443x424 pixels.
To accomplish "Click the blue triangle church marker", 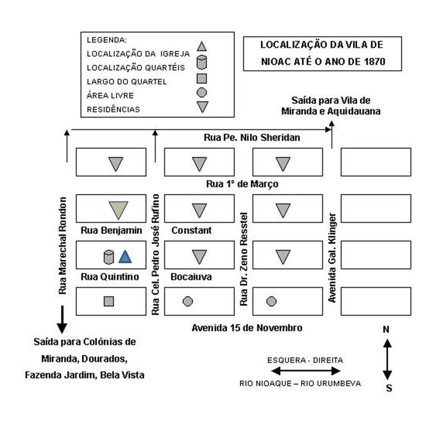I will (125, 256).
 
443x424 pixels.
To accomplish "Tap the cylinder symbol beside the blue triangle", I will (109, 257).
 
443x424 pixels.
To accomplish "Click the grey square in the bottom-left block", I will (109, 301).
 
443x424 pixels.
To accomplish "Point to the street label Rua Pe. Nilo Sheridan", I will (252, 138).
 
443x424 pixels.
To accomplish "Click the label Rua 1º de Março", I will (242, 184).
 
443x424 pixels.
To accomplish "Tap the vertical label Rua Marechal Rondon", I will (62, 246).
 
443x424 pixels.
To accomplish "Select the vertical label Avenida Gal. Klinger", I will (332, 257).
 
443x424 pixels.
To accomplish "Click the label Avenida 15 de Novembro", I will (247, 328).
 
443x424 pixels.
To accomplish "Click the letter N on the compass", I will (386, 329).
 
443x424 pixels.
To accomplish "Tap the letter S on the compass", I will (389, 388).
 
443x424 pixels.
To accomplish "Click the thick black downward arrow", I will (62, 319).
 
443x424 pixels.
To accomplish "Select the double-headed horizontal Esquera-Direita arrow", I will (306, 371).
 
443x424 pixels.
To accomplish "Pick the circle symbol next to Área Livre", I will (202, 92).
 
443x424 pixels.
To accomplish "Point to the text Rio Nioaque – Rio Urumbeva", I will (300, 383).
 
